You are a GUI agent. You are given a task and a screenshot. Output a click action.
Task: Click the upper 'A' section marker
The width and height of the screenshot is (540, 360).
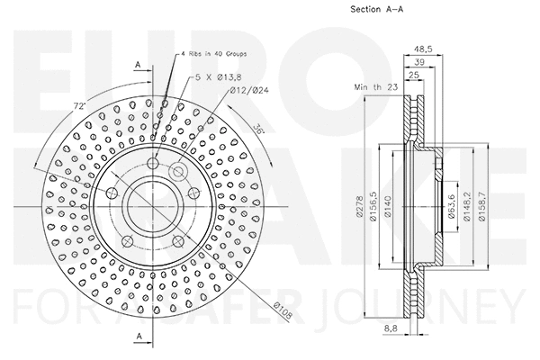(x=137, y=65)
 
